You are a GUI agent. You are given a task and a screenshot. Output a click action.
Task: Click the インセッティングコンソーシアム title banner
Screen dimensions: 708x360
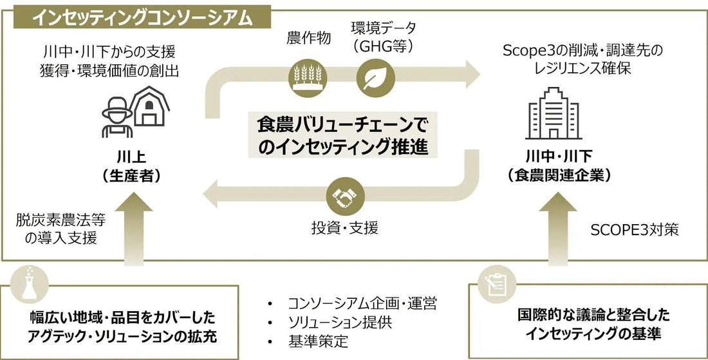(x=142, y=17)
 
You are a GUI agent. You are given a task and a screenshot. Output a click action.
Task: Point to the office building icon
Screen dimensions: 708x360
(x=554, y=113)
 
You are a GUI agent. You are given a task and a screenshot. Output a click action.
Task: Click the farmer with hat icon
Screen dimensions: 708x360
(x=117, y=117)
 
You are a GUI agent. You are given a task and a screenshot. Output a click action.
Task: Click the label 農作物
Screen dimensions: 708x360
(x=309, y=38)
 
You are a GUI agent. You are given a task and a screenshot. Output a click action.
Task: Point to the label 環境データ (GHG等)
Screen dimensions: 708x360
(x=384, y=37)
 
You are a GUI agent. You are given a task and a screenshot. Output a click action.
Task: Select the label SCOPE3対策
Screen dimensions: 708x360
(x=635, y=230)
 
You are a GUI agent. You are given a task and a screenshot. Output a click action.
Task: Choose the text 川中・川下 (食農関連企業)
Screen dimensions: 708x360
(x=559, y=166)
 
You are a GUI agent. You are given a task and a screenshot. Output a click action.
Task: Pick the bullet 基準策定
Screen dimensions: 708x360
(x=319, y=341)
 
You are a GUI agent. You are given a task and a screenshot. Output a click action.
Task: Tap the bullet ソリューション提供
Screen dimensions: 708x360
(x=340, y=323)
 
